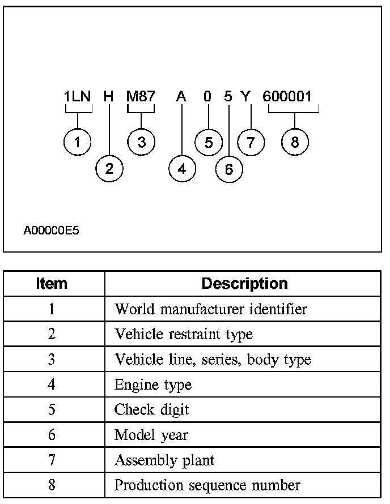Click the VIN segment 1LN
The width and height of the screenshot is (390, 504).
[x=78, y=96]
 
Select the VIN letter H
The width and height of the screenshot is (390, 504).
[x=109, y=96]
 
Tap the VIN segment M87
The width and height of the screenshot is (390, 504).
[x=141, y=96]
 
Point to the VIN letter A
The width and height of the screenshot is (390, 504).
[x=181, y=96]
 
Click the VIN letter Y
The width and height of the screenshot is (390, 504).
[x=245, y=96]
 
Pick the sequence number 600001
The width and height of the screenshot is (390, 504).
[x=287, y=96]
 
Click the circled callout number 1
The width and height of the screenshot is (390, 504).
[x=78, y=142]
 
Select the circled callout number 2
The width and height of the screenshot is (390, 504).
[x=109, y=168]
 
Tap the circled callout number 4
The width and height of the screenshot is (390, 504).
[x=181, y=168]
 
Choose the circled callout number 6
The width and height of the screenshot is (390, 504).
[x=229, y=169]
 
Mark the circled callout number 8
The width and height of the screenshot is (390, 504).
[x=295, y=142]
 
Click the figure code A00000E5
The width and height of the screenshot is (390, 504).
[x=52, y=231]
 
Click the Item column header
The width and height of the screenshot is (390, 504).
[x=52, y=283]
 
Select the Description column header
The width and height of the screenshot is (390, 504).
[x=244, y=283]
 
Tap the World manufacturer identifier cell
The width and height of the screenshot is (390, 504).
[x=211, y=309]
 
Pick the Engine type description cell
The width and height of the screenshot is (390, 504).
[x=153, y=385]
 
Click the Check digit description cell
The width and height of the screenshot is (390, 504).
[x=152, y=410]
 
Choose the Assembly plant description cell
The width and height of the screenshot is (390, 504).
[x=164, y=460]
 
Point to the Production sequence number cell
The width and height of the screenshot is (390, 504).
[x=207, y=485]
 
